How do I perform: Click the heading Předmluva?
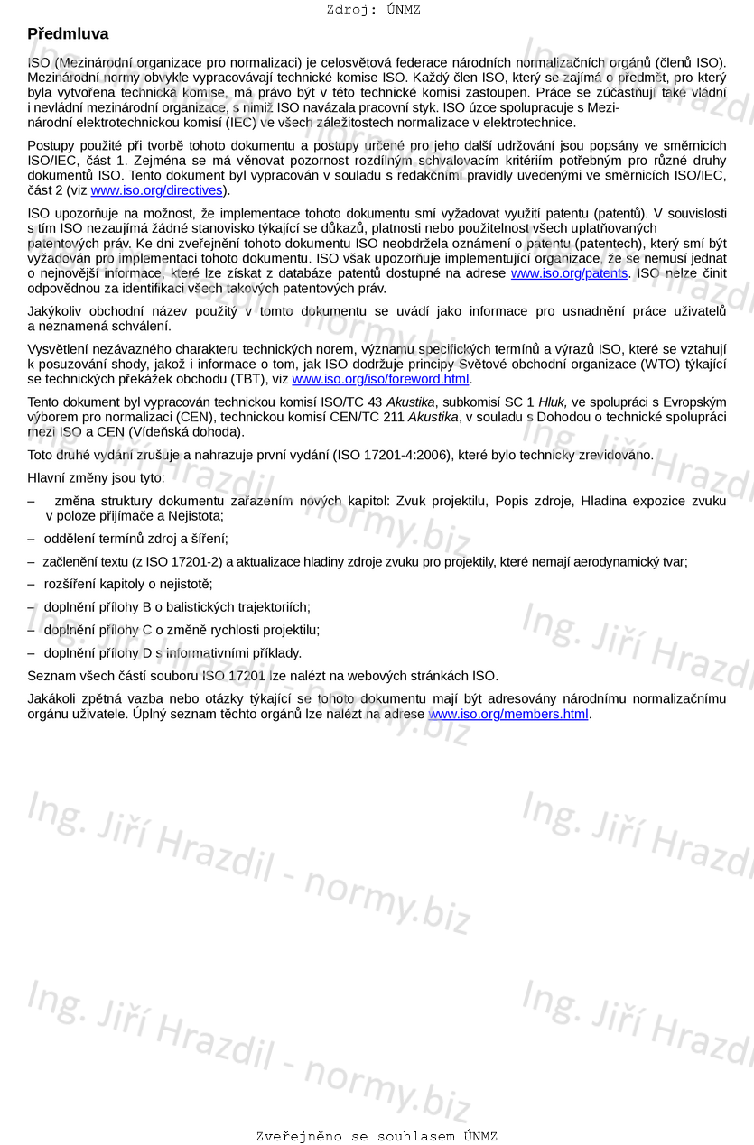coord(68,34)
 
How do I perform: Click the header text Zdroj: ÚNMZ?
coord(373,10)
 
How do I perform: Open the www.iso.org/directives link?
coord(156,190)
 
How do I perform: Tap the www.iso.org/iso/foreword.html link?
coord(380,379)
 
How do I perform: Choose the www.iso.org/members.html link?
coord(508,714)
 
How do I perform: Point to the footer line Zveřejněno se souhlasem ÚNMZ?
coord(377,1136)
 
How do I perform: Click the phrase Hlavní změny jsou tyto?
coord(97,477)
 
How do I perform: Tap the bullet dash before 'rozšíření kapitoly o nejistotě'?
coord(32,584)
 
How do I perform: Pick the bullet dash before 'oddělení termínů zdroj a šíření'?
coord(32,539)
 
